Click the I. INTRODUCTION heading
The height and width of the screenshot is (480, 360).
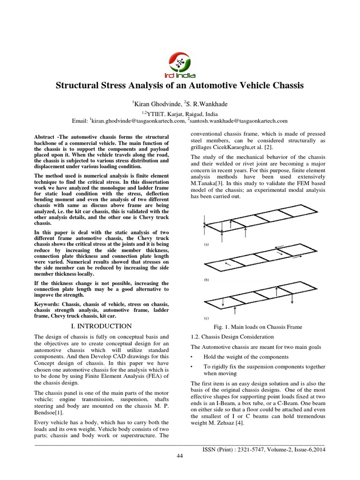point(102,326)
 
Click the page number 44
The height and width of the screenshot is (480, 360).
point(180,457)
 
